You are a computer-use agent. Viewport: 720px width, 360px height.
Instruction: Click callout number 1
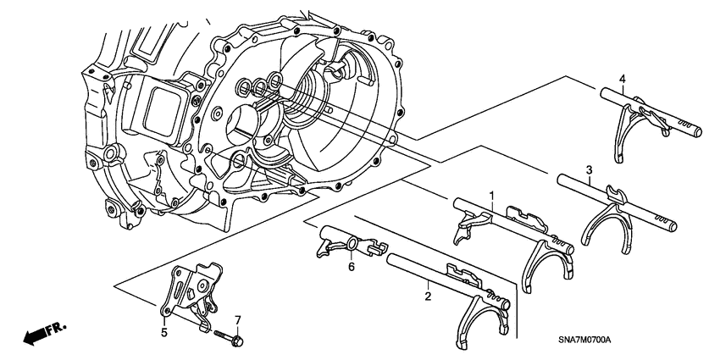[x=490, y=196]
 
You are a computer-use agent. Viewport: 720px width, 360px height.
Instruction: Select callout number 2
[x=428, y=296]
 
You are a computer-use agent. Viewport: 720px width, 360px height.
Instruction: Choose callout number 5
[x=163, y=332]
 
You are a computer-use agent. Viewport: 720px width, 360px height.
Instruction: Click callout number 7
[x=238, y=318]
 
